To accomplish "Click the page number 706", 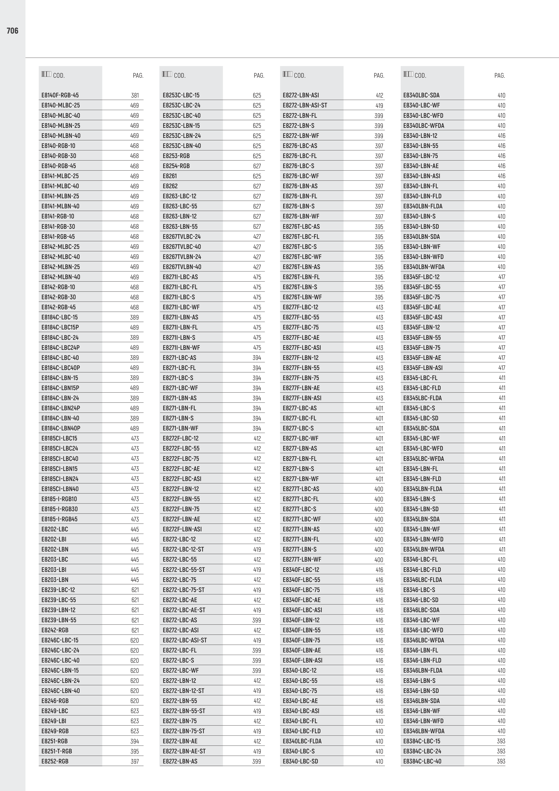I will click(12, 31).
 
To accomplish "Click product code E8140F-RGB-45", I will click(60, 95).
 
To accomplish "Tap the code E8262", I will click(170, 186).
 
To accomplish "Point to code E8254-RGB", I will click(176, 166).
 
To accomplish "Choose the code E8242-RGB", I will click(55, 630).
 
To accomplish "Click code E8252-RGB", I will click(55, 761).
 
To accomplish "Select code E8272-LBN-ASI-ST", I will click(305, 105).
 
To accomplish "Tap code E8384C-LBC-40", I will click(422, 761).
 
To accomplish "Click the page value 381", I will click(135, 95).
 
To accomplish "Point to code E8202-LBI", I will click(54, 539).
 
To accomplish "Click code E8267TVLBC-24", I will click(182, 237).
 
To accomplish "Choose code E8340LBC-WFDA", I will click(424, 126).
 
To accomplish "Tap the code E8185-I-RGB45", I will click(59, 519).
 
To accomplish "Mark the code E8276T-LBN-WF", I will click(302, 297).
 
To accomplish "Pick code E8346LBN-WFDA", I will click(424, 731).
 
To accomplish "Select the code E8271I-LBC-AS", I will click(180, 277).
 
